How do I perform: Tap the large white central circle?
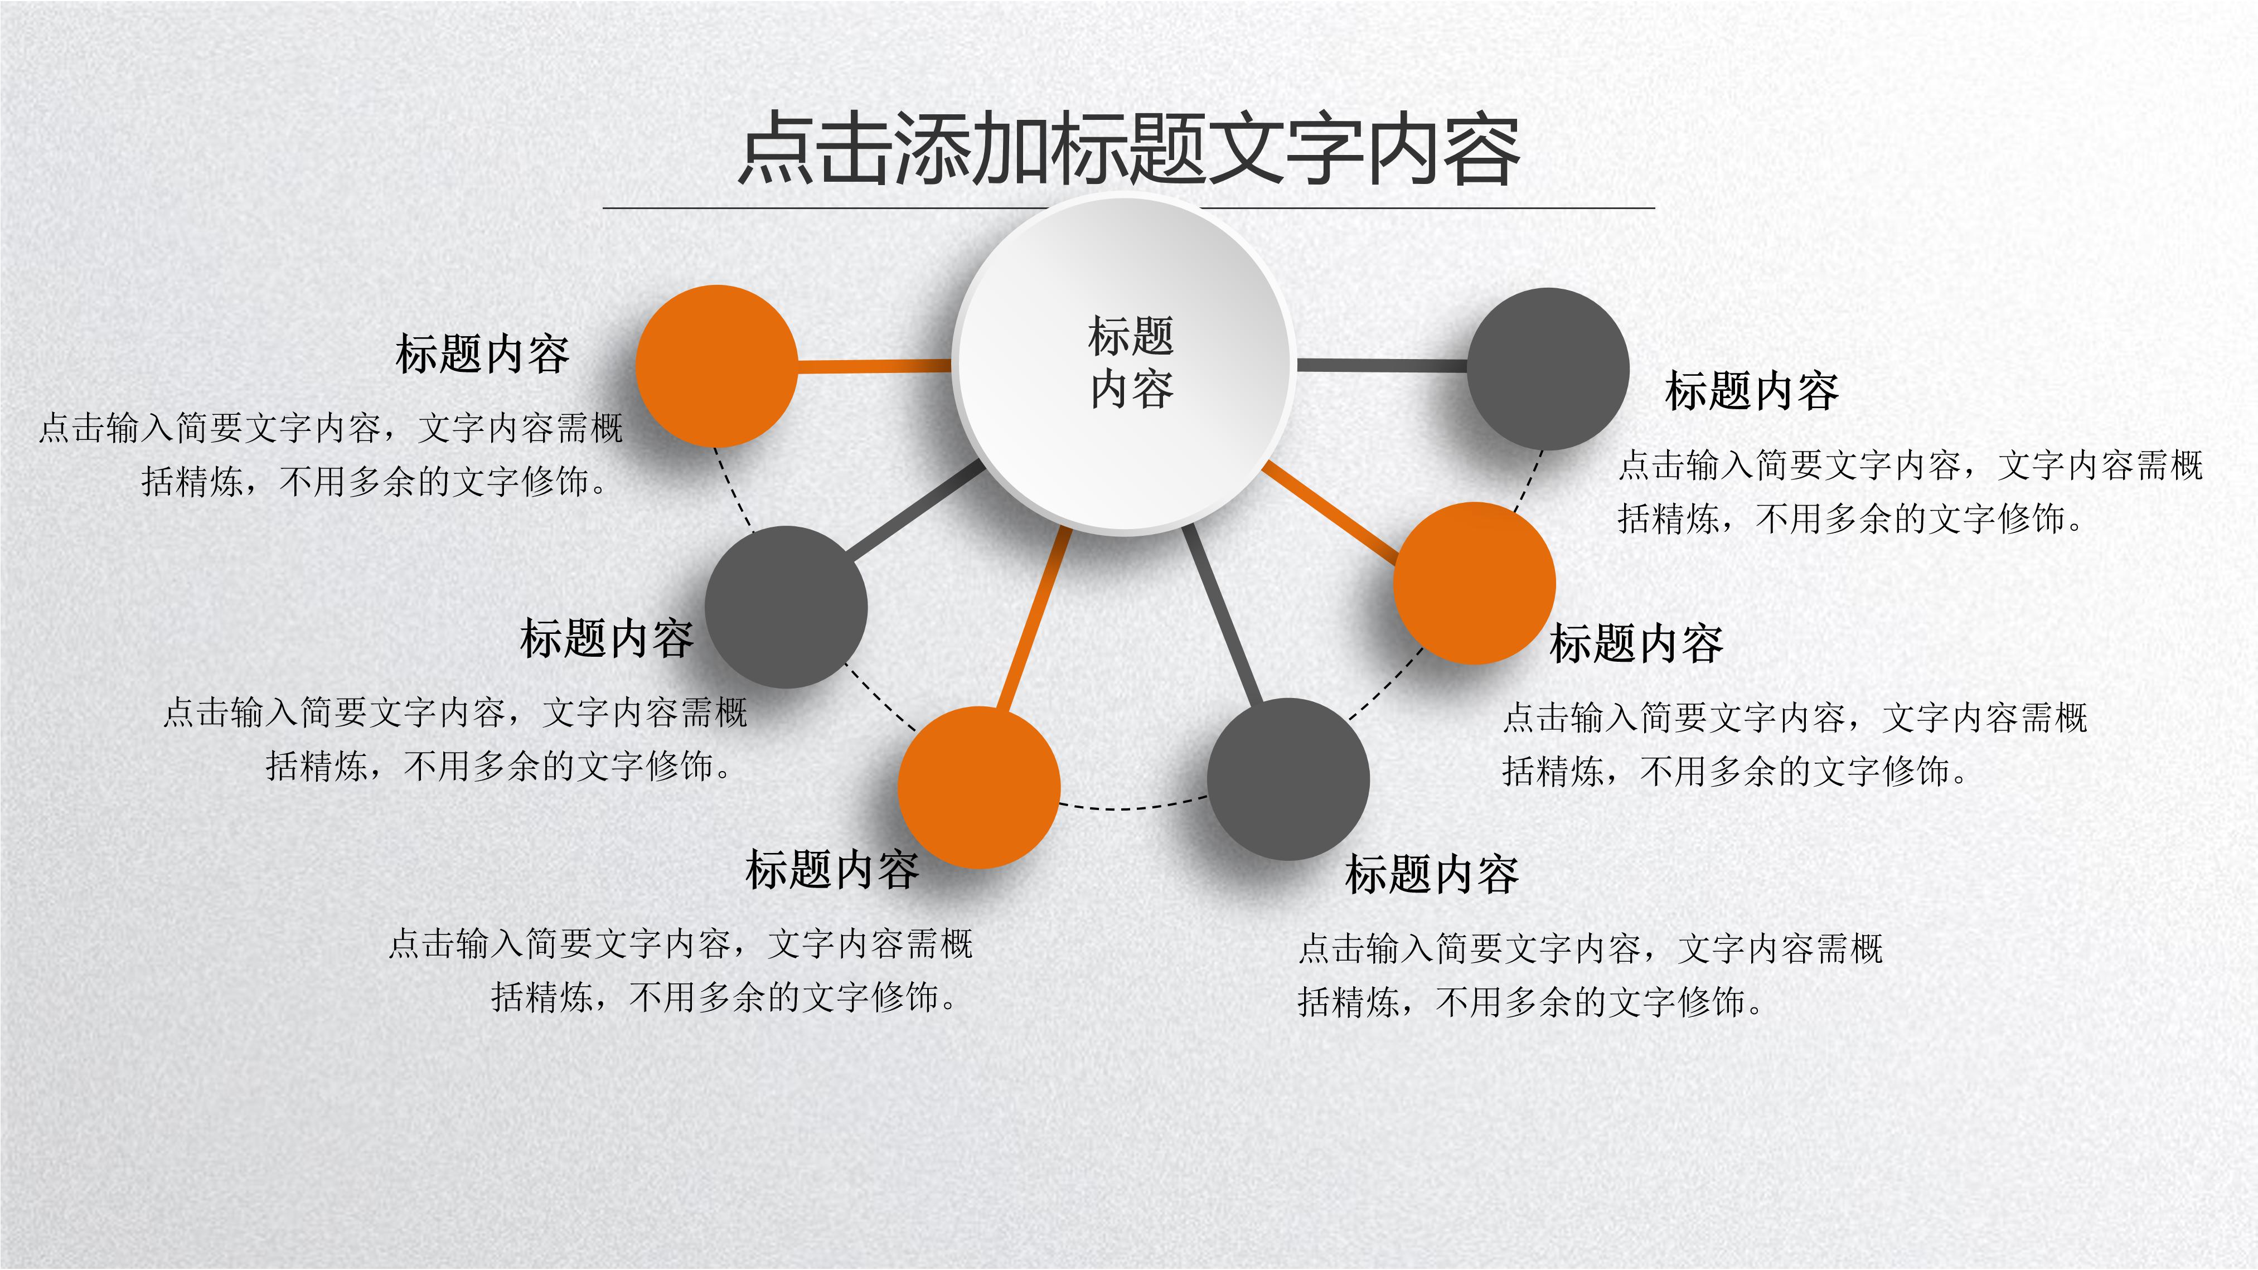point(1125,363)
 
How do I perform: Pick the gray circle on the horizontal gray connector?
point(1548,369)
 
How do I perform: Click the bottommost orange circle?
point(979,787)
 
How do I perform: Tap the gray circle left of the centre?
point(786,607)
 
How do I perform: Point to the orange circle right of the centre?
point(1474,583)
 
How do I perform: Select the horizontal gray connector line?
point(1382,365)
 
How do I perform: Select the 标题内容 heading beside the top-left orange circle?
point(483,354)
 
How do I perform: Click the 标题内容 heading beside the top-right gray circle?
point(1752,391)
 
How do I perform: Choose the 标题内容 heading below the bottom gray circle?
point(1432,875)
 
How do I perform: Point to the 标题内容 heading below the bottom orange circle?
point(833,870)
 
